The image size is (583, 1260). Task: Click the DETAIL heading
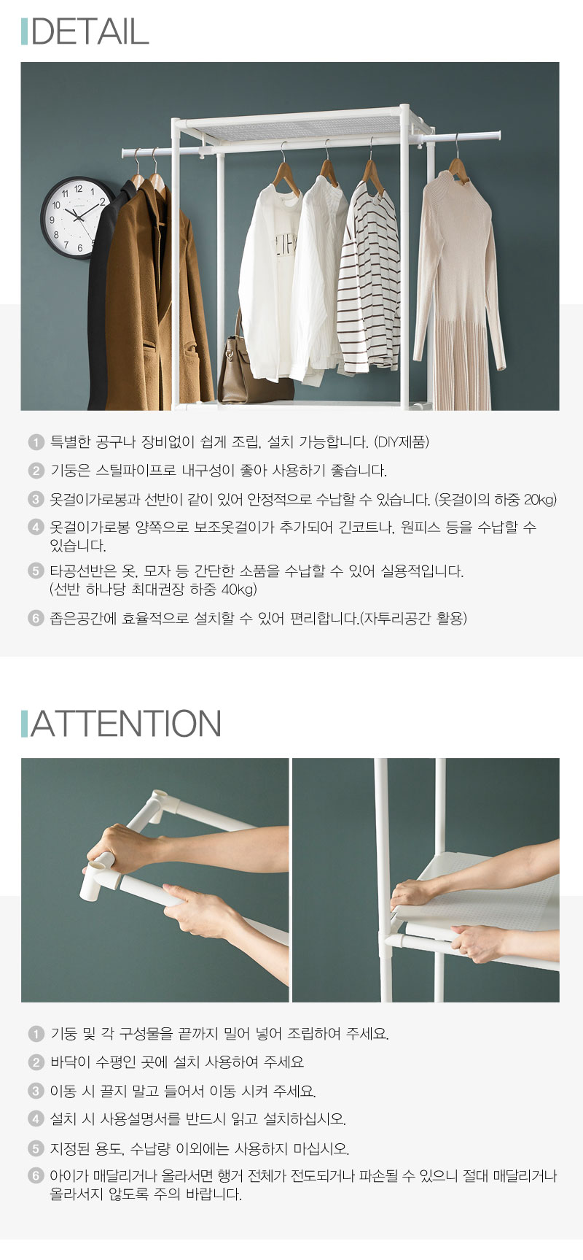point(90,31)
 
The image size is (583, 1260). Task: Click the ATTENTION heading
point(125,723)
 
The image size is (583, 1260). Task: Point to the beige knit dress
point(458,292)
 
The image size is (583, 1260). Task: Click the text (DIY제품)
point(402,442)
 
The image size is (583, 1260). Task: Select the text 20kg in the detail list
point(540,500)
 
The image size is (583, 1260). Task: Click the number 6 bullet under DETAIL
point(36,618)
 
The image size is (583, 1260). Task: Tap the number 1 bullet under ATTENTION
point(36,1034)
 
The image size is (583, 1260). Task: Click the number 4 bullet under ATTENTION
point(36,1118)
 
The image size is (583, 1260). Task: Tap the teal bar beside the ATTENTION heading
point(25,723)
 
